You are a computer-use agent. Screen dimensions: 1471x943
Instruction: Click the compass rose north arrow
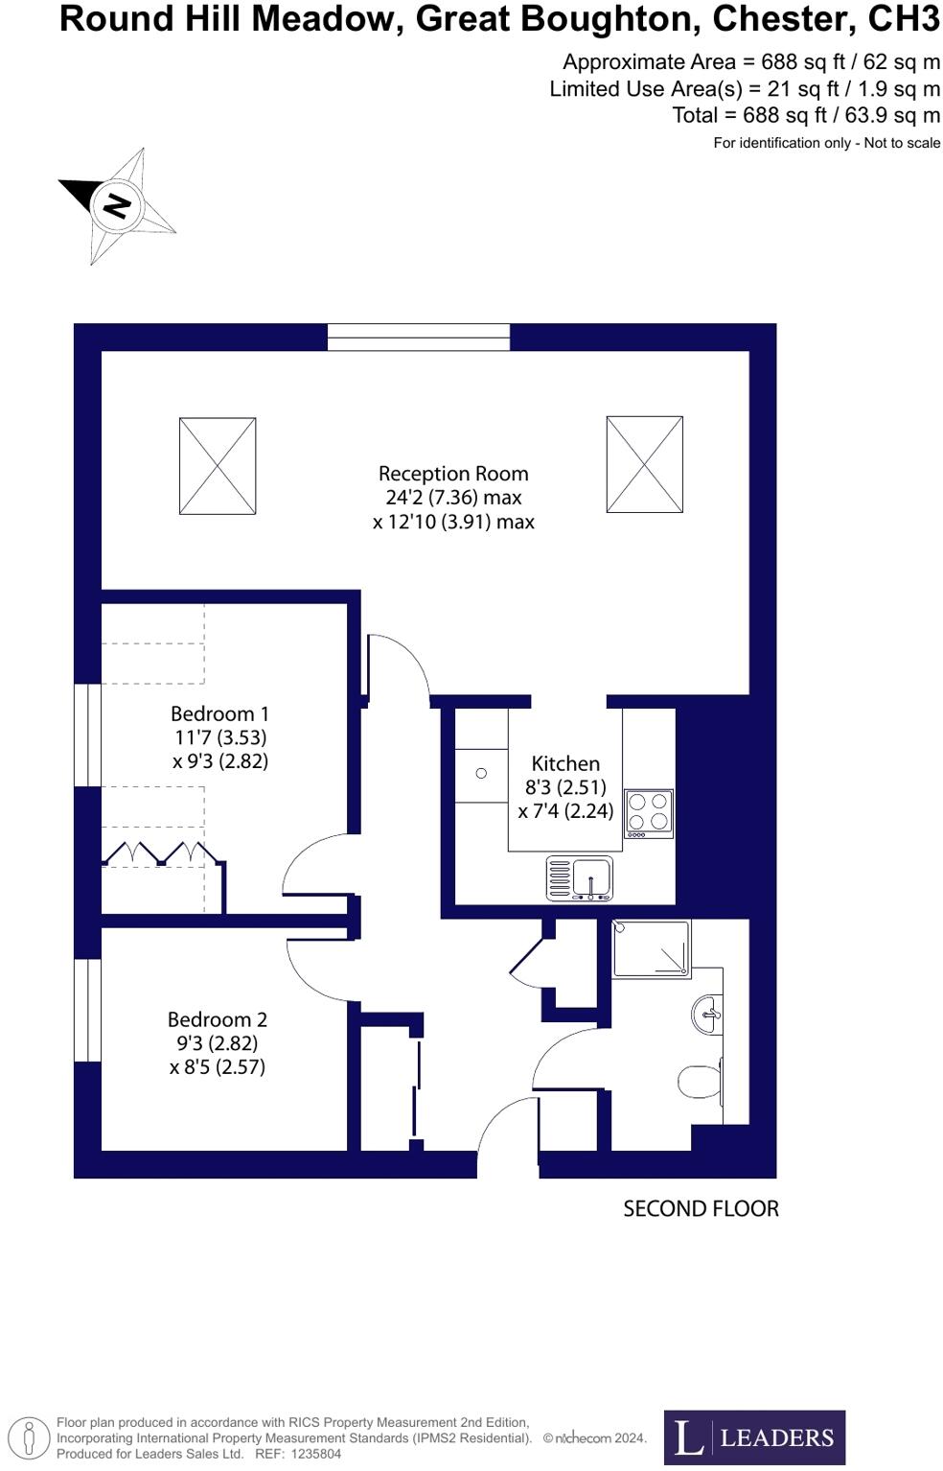click(x=117, y=205)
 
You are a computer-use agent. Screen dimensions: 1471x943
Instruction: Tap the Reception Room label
click(x=453, y=474)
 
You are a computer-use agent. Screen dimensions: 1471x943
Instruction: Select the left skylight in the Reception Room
click(x=218, y=466)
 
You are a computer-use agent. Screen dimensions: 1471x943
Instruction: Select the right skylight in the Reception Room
click(x=645, y=464)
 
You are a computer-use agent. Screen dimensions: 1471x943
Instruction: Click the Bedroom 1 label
click(x=219, y=714)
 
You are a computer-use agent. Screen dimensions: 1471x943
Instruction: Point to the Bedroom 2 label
click(x=218, y=1020)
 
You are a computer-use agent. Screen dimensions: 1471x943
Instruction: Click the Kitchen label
click(x=565, y=764)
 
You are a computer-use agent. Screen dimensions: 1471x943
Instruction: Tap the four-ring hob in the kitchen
click(x=649, y=813)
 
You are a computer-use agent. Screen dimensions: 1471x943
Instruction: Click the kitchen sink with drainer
click(x=580, y=878)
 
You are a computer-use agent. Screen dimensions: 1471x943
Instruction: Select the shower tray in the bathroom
click(x=652, y=949)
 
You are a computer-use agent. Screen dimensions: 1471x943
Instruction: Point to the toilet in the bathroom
click(x=700, y=1082)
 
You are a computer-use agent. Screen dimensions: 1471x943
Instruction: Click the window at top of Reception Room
click(x=419, y=338)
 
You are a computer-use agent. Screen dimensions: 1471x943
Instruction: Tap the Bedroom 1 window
click(x=88, y=735)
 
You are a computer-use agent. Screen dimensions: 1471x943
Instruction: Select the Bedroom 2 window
click(x=88, y=1011)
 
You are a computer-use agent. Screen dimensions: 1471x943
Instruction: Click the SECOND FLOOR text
click(x=701, y=1209)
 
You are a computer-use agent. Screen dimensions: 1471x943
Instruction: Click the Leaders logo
click(x=754, y=1437)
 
